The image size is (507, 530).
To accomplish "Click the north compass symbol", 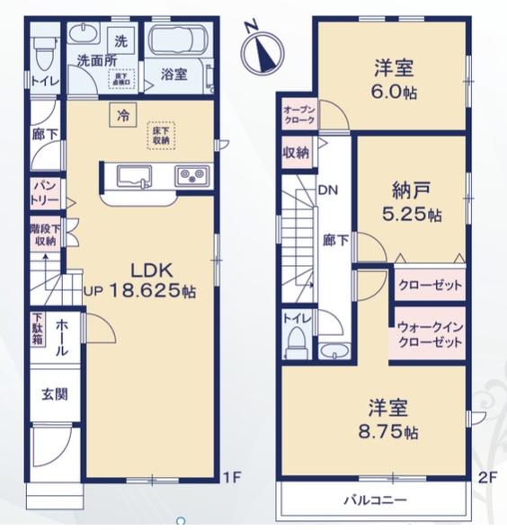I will pyautogui.click(x=263, y=49).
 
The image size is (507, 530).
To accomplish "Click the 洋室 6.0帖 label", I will pyautogui.click(x=392, y=78).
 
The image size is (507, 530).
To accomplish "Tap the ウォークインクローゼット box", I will pyautogui.click(x=427, y=334).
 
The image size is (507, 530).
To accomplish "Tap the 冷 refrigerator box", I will pyautogui.click(x=120, y=113).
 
